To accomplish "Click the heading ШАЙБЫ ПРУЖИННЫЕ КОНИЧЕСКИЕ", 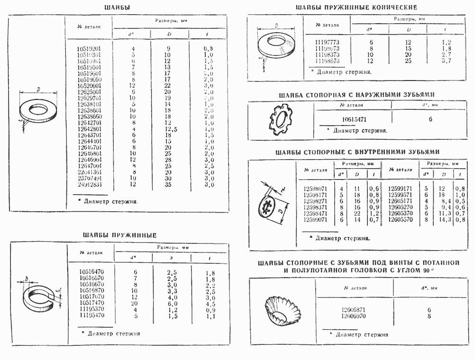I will (x=356, y=8).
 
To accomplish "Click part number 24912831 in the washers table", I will (x=89, y=184).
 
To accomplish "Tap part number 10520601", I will (x=89, y=85).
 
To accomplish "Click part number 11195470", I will (x=92, y=315).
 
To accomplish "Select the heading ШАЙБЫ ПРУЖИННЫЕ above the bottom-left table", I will (x=119, y=235).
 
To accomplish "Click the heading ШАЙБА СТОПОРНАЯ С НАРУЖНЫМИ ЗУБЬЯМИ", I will (x=356, y=95).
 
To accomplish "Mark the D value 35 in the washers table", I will (x=169, y=184).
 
